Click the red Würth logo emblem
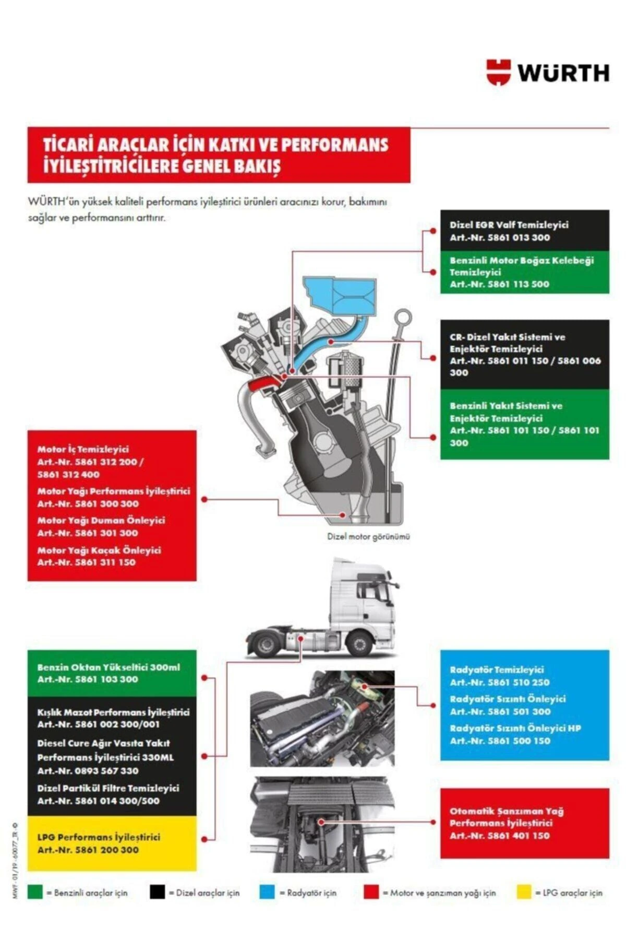click(498, 72)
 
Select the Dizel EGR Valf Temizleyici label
click(509, 225)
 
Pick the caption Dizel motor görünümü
click(368, 536)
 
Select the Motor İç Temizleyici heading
click(83, 449)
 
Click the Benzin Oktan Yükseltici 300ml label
click(109, 667)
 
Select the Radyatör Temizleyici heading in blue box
click(497, 669)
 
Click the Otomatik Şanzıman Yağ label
click(507, 811)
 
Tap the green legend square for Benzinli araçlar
click(35, 892)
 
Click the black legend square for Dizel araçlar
click(157, 892)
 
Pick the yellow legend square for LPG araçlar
click(524, 892)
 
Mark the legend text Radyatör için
click(311, 892)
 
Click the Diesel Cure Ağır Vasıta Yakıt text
click(103, 743)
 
